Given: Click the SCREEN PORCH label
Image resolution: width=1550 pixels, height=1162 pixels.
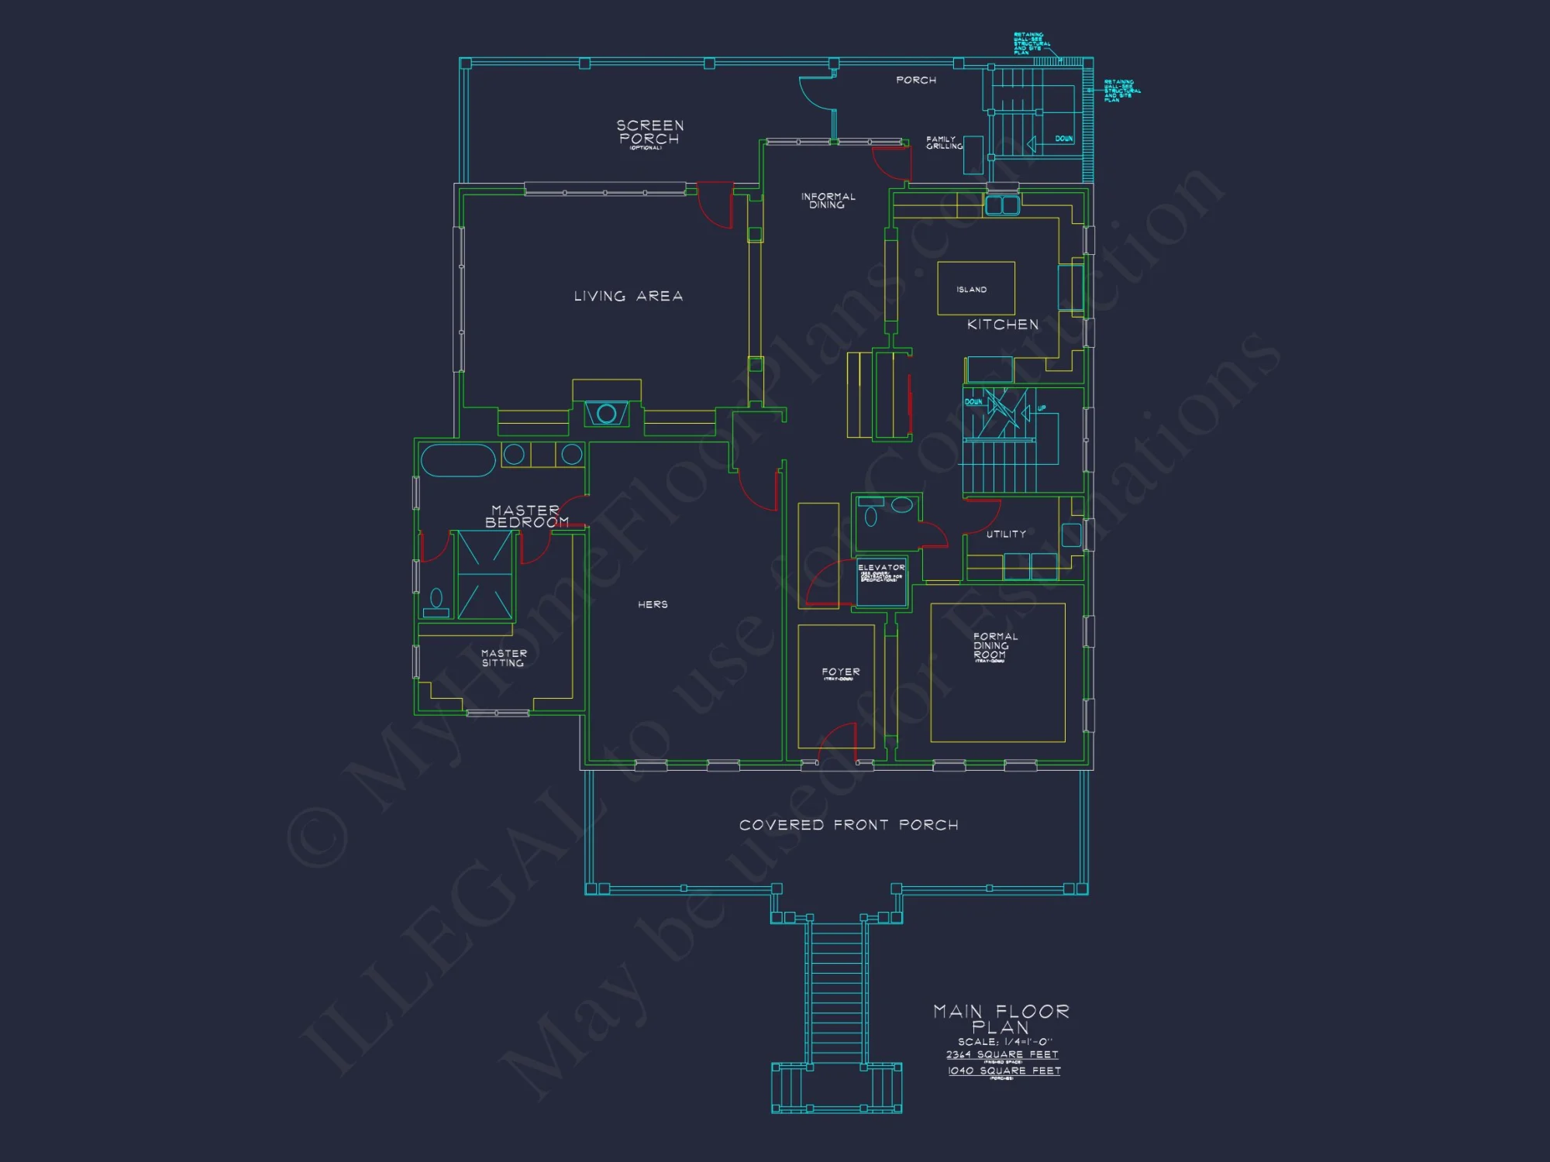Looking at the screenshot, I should tap(649, 132).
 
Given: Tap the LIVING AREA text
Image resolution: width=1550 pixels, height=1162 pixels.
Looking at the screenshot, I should tap(629, 297).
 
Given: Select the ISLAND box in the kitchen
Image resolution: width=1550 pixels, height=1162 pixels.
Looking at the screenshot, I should tap(976, 288).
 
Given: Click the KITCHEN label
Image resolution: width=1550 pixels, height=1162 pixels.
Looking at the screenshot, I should tap(1002, 325).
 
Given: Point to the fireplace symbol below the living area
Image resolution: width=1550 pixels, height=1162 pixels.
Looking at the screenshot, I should tap(606, 414).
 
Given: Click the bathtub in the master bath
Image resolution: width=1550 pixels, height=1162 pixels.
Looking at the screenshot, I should tap(458, 460).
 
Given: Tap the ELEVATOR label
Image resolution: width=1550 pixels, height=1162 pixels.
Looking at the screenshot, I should tap(881, 568).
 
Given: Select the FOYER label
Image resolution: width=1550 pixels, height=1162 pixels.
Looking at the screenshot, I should tap(841, 672).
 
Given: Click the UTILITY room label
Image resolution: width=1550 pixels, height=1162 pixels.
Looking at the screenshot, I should tap(1006, 535).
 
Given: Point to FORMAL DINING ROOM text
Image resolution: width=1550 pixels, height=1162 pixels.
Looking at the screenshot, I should tap(995, 646).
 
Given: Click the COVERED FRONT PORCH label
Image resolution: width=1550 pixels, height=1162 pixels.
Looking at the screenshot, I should tap(849, 825).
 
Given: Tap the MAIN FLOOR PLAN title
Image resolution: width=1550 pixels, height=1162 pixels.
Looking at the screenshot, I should tap(1001, 1019).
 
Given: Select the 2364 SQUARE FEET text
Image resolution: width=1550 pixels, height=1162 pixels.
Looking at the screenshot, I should tap(1002, 1055).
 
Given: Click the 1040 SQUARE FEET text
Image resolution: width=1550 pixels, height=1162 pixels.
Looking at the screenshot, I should tap(1004, 1071).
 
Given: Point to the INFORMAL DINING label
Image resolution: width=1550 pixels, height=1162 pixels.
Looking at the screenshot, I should tap(828, 201).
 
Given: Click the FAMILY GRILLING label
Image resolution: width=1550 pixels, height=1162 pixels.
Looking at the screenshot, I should tap(943, 143).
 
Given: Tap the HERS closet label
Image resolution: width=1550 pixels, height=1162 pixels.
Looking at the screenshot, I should tap(653, 604).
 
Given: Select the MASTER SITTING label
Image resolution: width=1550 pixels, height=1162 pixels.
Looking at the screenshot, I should tap(503, 658).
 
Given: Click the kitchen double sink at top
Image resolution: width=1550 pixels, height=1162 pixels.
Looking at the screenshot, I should tap(1002, 205).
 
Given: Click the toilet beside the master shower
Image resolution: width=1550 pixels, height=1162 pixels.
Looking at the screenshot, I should tap(436, 600).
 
